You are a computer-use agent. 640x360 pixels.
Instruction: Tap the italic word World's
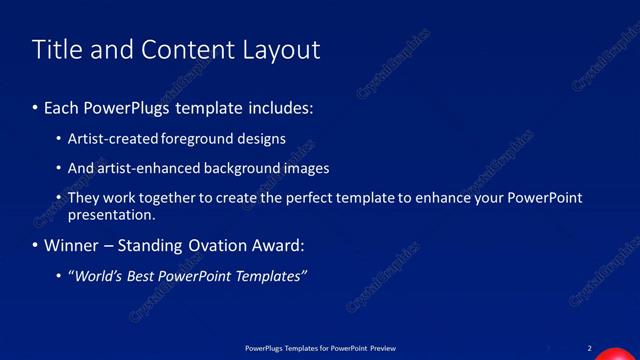pyautogui.click(x=96, y=276)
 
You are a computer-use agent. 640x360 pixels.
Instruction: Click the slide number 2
pyautogui.click(x=590, y=347)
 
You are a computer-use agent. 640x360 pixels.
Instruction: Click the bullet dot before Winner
pyautogui.click(x=36, y=246)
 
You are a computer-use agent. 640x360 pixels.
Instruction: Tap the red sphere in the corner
pyautogui.click(x=612, y=354)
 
